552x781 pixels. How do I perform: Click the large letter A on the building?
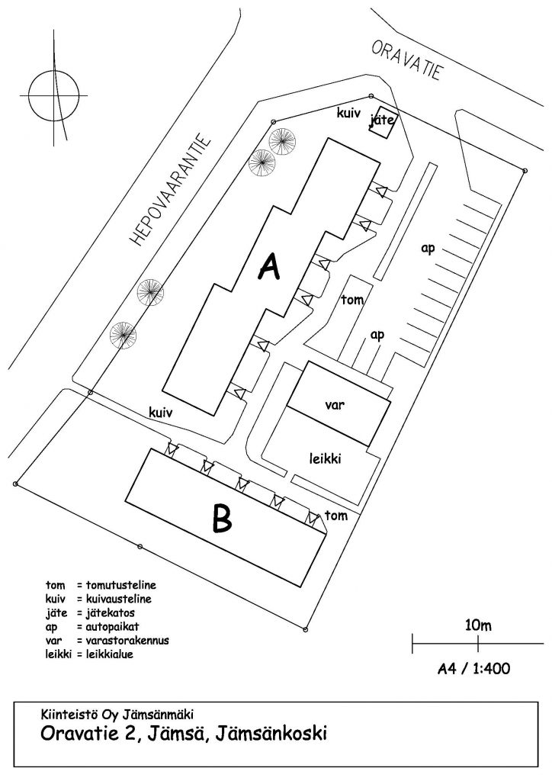pyautogui.click(x=270, y=267)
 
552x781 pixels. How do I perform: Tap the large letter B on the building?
pyautogui.click(x=222, y=519)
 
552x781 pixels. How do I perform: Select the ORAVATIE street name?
pyautogui.click(x=406, y=61)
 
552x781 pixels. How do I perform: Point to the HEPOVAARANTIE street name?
pyautogui.click(x=170, y=190)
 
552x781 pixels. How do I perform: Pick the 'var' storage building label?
pyautogui.click(x=335, y=404)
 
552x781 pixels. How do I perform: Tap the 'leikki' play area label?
pyautogui.click(x=325, y=458)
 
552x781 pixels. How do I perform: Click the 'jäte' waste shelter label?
pyautogui.click(x=382, y=120)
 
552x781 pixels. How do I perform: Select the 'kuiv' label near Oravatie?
pyautogui.click(x=348, y=113)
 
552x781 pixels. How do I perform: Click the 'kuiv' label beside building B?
pyautogui.click(x=161, y=412)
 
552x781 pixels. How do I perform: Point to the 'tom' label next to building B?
pyautogui.click(x=336, y=516)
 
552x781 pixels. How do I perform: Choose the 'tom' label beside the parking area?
pyautogui.click(x=352, y=300)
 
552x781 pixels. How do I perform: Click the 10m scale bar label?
pyautogui.click(x=478, y=625)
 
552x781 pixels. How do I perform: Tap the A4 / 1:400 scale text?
pyautogui.click(x=474, y=668)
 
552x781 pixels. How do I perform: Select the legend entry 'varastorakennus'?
pyautogui.click(x=127, y=640)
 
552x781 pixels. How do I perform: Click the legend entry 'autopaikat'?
pyautogui.click(x=113, y=627)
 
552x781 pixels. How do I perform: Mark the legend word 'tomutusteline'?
pyautogui.click(x=121, y=585)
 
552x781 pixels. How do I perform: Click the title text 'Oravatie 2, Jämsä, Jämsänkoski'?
pyautogui.click(x=184, y=734)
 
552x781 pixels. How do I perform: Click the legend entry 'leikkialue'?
pyautogui.click(x=110, y=654)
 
